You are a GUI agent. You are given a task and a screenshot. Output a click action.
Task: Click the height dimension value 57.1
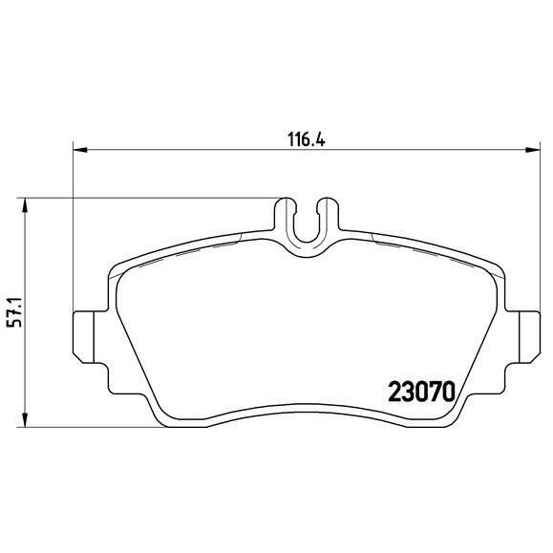[13, 311]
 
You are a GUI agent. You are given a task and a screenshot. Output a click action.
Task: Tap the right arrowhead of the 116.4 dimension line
[529, 149]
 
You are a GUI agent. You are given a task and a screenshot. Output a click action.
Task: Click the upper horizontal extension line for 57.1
[143, 198]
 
